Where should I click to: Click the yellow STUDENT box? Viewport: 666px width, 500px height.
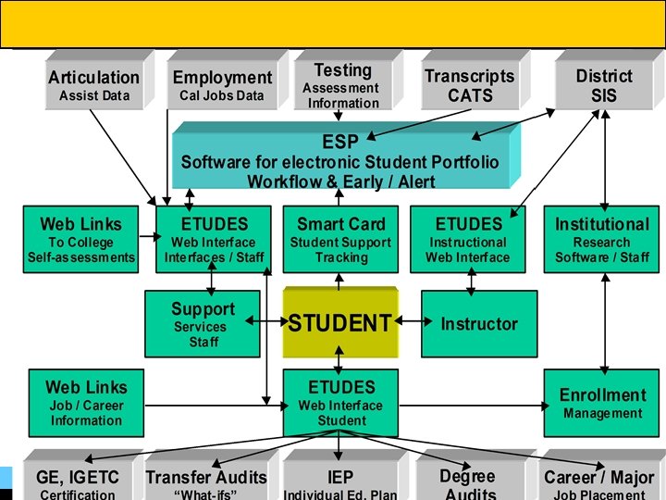pos(339,323)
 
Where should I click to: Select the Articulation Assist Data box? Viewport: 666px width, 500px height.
pos(93,85)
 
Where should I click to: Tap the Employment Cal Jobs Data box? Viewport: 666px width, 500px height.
pos(222,85)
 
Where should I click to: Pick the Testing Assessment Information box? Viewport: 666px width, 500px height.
pos(342,85)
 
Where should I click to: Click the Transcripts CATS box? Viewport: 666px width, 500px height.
pos(469,85)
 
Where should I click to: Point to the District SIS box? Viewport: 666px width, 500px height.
pos(603,85)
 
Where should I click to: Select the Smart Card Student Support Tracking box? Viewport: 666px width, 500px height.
pos(340,240)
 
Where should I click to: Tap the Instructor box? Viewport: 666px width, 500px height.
pos(478,324)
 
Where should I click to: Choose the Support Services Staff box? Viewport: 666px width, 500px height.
pos(203,324)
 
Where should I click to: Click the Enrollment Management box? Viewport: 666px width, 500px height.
pos(602,404)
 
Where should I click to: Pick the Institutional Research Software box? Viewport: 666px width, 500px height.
pos(602,240)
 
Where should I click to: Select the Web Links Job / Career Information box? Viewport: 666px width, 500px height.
pos(86,404)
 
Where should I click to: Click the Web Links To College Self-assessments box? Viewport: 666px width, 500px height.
pos(81,240)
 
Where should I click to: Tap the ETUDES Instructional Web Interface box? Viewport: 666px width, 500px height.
pos(468,240)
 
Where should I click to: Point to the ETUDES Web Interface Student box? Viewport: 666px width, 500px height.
pos(340,404)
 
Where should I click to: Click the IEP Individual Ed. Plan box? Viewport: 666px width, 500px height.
pos(339,481)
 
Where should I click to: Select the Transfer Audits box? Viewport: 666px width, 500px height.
pos(205,481)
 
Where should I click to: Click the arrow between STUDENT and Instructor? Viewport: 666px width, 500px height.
pos(409,323)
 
